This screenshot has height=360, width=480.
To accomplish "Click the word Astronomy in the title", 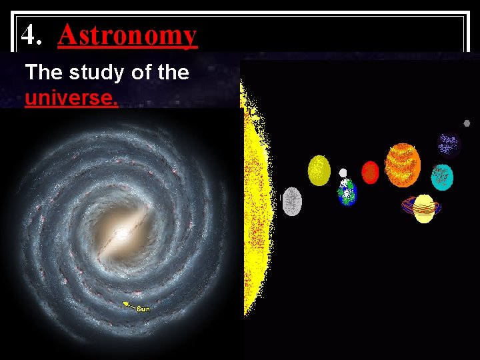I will (x=127, y=35).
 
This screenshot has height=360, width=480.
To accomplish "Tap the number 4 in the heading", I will (x=27, y=35).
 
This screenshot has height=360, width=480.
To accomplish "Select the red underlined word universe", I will (x=71, y=98).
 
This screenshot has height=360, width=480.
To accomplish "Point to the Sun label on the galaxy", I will (x=143, y=309).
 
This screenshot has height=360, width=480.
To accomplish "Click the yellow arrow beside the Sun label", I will (x=128, y=305).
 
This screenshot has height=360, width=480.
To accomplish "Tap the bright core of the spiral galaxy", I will (x=122, y=233).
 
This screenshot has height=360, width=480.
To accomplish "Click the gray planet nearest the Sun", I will (x=292, y=201).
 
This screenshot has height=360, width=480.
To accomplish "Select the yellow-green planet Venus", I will (x=319, y=170).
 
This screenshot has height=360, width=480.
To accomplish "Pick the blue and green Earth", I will (x=347, y=193).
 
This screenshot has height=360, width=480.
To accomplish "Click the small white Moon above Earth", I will (x=343, y=173).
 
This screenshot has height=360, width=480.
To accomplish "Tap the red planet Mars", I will (x=370, y=172).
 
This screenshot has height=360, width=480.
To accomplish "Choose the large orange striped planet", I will (x=403, y=165).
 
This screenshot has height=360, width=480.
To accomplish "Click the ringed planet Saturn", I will (x=423, y=208).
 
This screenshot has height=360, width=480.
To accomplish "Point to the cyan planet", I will (x=442, y=177).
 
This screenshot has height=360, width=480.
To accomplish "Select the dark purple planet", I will (x=449, y=144).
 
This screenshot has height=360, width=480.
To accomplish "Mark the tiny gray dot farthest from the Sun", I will (x=467, y=123).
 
